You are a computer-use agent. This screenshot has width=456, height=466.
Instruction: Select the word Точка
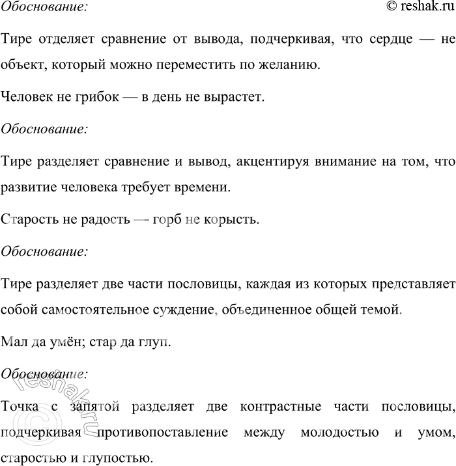point(21,406)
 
